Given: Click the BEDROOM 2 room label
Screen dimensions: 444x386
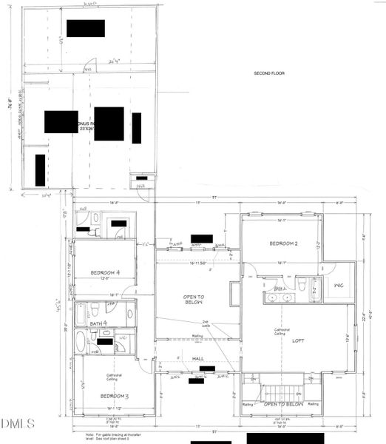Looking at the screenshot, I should pyautogui.click(x=283, y=243).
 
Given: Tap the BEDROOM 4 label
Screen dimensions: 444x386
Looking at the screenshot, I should pyautogui.click(x=106, y=272).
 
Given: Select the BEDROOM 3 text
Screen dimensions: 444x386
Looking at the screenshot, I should pyautogui.click(x=115, y=396).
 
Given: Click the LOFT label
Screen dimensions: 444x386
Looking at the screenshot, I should pyautogui.click(x=298, y=341).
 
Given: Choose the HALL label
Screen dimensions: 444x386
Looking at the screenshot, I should pyautogui.click(x=197, y=358).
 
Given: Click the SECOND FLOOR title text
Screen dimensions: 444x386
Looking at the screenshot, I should pyautogui.click(x=268, y=73).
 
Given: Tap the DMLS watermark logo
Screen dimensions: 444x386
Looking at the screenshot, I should pyautogui.click(x=18, y=424).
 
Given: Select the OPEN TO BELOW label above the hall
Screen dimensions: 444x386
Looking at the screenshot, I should pyautogui.click(x=196, y=299).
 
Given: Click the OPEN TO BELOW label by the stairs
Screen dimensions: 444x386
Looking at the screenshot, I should pyautogui.click(x=282, y=405).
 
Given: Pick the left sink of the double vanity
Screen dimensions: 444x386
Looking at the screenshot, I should pyautogui.click(x=274, y=297).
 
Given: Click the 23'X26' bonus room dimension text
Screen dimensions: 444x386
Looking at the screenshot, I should pyautogui.click(x=89, y=129).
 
